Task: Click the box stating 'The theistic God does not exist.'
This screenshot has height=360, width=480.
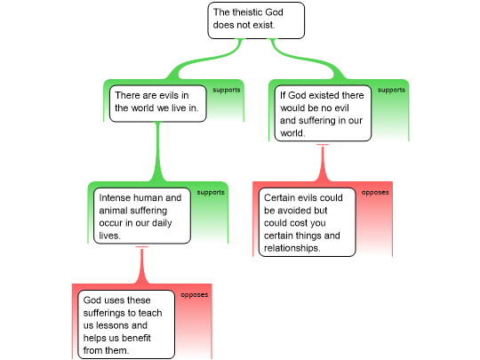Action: click(256, 20)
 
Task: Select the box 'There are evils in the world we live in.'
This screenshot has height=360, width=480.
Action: click(158, 103)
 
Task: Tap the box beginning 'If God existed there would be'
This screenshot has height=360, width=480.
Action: click(323, 113)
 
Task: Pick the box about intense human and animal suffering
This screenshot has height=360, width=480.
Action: click(142, 216)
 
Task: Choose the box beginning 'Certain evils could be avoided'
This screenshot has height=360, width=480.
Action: click(307, 222)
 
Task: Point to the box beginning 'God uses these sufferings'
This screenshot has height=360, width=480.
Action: click(126, 324)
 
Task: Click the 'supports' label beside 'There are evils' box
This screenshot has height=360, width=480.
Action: click(227, 90)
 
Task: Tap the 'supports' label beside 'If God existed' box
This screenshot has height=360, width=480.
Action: click(391, 90)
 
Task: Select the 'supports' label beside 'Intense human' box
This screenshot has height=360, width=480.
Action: click(211, 193)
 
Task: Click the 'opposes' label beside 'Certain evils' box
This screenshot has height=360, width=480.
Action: click(375, 193)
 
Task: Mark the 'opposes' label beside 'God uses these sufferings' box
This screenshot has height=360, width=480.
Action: click(195, 295)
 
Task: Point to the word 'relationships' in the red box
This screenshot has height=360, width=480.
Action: click(292, 248)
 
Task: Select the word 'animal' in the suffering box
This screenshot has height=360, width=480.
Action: click(114, 211)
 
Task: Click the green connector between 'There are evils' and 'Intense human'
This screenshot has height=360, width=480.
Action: click(158, 152)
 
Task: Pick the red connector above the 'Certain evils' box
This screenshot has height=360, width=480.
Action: click(323, 164)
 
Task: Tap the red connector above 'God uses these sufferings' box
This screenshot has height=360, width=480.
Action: click(141, 267)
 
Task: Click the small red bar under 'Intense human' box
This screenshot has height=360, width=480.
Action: click(141, 247)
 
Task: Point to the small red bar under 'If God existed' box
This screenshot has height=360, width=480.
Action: click(323, 145)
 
